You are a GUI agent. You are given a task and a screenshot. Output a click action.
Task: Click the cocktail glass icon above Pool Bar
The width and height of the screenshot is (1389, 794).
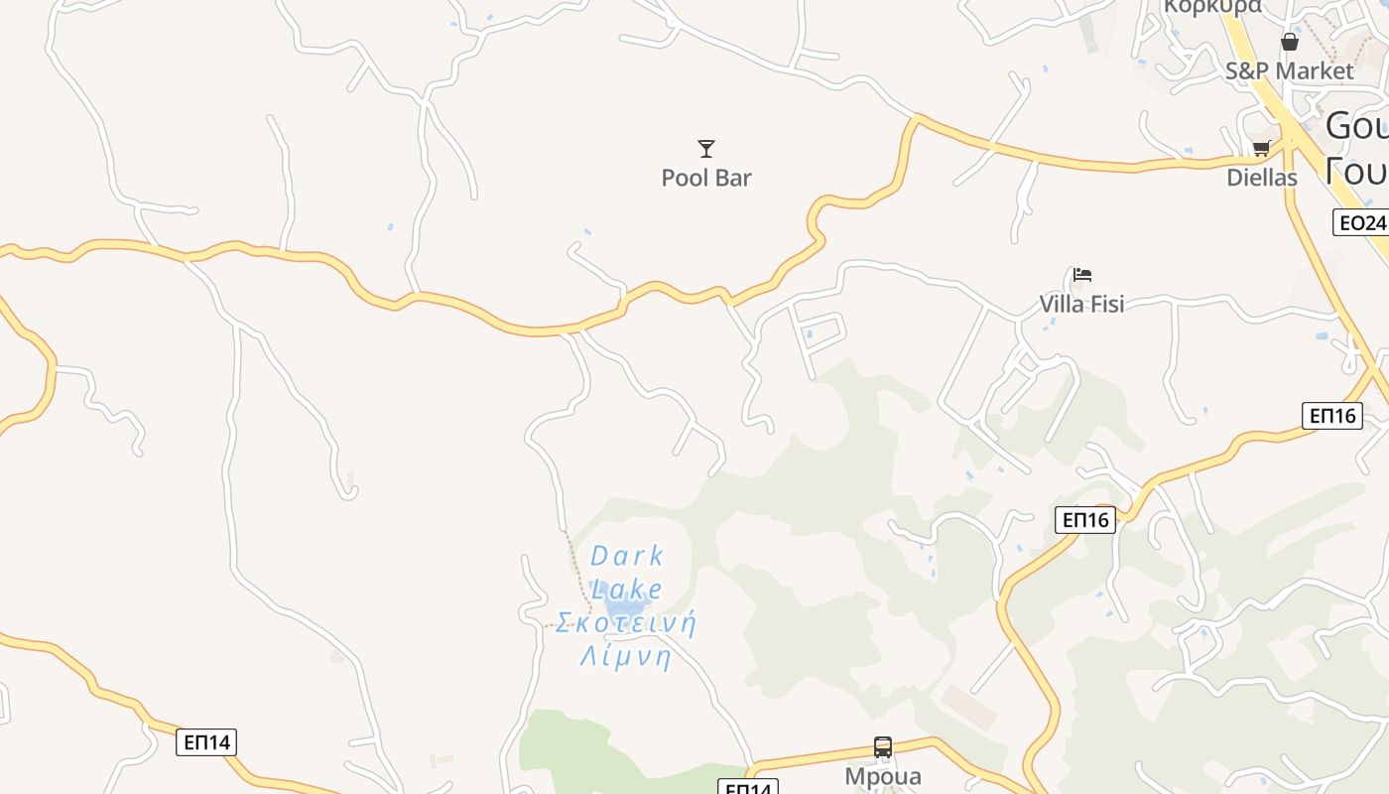click(x=706, y=149)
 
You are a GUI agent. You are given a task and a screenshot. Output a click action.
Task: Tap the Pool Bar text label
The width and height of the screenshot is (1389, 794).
click(x=706, y=179)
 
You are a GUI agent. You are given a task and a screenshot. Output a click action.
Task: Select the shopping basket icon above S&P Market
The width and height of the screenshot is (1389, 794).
click(x=1289, y=42)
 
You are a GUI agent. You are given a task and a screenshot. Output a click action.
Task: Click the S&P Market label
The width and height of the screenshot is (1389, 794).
click(x=1289, y=71)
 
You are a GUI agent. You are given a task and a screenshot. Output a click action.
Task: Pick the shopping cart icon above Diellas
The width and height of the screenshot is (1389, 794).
click(x=1261, y=149)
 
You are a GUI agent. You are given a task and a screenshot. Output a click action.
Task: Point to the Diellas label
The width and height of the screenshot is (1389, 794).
click(x=1262, y=179)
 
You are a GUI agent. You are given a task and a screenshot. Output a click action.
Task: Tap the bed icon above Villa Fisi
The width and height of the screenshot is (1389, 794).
click(x=1082, y=275)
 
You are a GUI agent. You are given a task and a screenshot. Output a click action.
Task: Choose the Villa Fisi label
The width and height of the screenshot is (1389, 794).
click(x=1081, y=304)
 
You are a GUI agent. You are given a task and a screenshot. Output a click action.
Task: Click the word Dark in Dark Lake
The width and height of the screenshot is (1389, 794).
click(x=627, y=557)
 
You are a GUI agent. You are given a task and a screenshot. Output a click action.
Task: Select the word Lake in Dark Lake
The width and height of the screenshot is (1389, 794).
click(x=627, y=589)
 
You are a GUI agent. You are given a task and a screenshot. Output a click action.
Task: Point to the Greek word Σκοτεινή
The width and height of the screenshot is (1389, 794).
click(x=626, y=624)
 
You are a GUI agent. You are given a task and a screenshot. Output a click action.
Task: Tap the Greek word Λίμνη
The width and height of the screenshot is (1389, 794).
click(x=626, y=657)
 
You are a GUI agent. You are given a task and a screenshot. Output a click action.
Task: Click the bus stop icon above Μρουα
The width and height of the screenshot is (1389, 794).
click(x=883, y=747)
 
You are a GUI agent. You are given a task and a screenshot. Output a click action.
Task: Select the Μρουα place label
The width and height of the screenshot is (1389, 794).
click(x=883, y=776)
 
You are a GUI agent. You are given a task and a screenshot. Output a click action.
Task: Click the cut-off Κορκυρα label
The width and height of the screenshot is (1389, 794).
click(x=1212, y=7)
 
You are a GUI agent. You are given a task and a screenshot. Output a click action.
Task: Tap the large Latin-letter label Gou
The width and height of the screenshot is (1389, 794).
click(x=1356, y=127)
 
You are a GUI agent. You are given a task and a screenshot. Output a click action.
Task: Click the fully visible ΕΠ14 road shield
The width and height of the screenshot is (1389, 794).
click(x=206, y=742)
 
